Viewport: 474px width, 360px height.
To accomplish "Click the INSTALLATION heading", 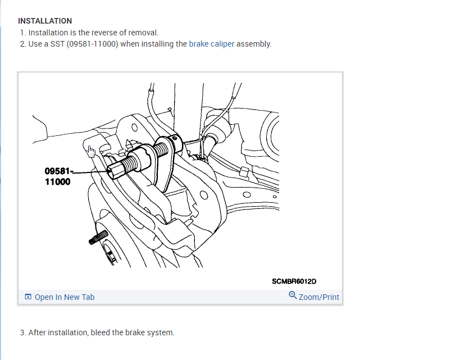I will (45, 21).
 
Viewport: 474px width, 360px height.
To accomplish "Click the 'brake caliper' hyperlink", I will (211, 44).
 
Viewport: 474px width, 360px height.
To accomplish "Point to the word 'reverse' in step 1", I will (94, 33).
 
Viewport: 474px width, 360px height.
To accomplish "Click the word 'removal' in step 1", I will (136, 33).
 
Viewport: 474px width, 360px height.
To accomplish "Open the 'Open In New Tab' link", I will (65, 297).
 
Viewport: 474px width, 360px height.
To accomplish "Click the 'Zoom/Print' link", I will (319, 297).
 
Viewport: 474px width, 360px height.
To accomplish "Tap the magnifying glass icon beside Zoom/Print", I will (293, 295).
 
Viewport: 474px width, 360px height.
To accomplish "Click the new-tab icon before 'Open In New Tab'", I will (28, 297).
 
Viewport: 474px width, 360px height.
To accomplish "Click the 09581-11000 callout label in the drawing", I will (58, 176).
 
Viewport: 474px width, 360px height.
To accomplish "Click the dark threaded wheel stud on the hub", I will (98, 238).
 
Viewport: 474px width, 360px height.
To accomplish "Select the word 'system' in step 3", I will (162, 332).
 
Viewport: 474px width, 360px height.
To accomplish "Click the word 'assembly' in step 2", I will (254, 44).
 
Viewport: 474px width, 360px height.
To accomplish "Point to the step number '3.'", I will (23, 332).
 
